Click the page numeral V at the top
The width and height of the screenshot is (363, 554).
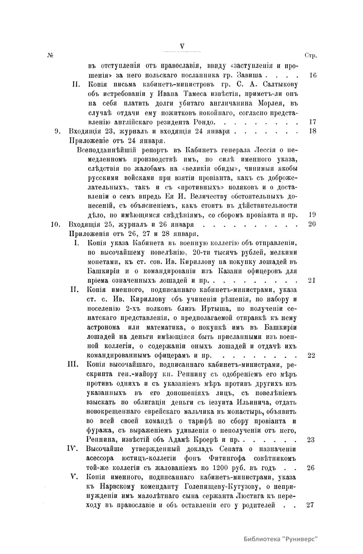pyautogui.click(x=182, y=46)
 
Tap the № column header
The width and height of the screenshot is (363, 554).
pyautogui.click(x=50, y=56)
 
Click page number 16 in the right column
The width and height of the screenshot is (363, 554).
pyautogui.click(x=313, y=75)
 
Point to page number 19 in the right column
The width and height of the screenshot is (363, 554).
pyautogui.click(x=313, y=215)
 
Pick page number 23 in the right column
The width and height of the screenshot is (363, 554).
pyautogui.click(x=311, y=440)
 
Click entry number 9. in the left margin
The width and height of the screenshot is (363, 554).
pyautogui.click(x=58, y=131)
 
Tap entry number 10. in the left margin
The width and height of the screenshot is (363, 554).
pyautogui.click(x=57, y=225)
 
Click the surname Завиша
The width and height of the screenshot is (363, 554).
pyautogui.click(x=251, y=75)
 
